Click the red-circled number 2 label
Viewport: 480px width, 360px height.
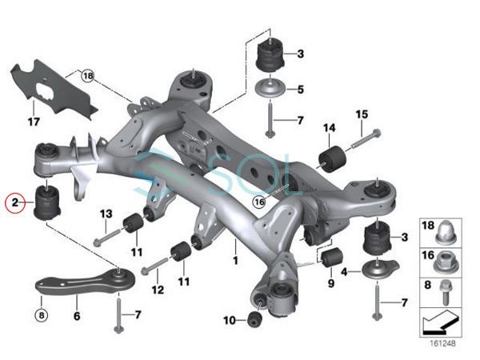coord(14,202)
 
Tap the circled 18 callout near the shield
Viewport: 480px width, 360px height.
coord(88,76)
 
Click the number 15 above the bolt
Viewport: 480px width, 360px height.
coord(362,114)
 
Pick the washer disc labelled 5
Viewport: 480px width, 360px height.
coord(270,90)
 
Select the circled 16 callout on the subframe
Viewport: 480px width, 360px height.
coord(259,202)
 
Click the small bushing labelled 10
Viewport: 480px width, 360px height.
coord(254,319)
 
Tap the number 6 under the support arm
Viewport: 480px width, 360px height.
coord(77,316)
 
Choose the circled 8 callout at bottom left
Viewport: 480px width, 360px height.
coord(42,315)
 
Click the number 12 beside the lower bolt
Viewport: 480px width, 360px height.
coord(158,290)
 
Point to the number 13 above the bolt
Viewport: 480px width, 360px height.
coord(106,214)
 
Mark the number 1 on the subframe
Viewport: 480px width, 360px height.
coord(235,261)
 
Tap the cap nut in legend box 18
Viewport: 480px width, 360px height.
coord(446,233)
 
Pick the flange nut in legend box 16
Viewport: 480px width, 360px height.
coord(446,262)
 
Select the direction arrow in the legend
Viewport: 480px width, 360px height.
coord(441,322)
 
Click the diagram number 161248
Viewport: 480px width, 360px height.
coord(442,343)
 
